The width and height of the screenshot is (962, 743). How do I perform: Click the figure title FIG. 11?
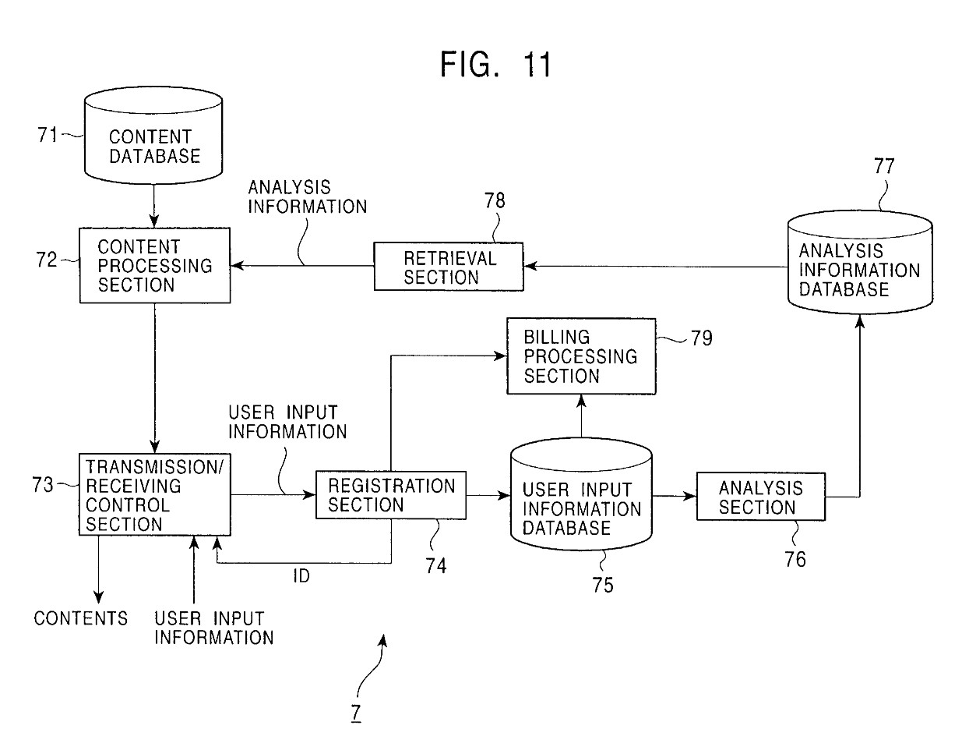(x=495, y=65)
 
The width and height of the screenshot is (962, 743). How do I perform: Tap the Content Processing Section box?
(x=155, y=265)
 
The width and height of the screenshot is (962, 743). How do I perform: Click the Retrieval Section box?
(x=448, y=267)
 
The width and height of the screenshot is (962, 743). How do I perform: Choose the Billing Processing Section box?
(x=581, y=356)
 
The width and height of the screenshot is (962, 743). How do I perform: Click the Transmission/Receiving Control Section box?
(x=154, y=494)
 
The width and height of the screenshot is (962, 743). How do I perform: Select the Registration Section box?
(x=390, y=495)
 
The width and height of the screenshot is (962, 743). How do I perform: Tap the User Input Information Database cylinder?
(x=581, y=499)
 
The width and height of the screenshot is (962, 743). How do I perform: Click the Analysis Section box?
(x=759, y=497)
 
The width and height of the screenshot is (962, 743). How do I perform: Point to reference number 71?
(x=48, y=135)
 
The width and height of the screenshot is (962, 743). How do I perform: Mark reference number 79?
(x=701, y=338)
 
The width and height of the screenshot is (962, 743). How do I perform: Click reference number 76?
(x=795, y=559)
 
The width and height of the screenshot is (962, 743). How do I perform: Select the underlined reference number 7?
(x=355, y=713)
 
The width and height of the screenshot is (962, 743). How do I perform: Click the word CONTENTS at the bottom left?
(x=80, y=618)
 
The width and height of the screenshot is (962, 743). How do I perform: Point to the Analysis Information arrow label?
(x=307, y=197)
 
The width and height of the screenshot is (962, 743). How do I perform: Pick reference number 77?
(x=883, y=166)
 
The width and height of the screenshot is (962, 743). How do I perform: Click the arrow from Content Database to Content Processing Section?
(x=154, y=205)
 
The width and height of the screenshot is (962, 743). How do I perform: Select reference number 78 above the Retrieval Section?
(x=495, y=201)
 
